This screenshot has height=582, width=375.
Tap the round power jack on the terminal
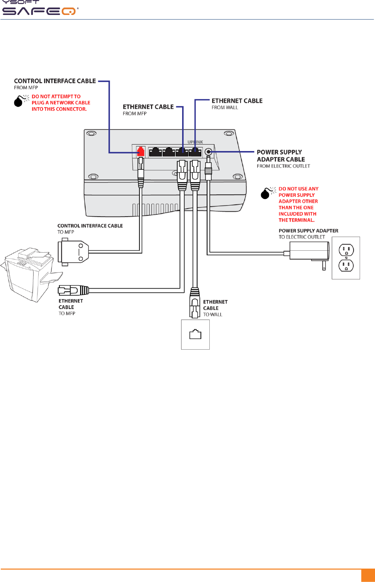pyautogui.click(x=209, y=151)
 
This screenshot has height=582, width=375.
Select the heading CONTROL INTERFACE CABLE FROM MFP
pyautogui.click(x=55, y=84)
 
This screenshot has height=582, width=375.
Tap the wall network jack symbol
pyautogui.click(x=195, y=334)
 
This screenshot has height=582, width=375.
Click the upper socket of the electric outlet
pyautogui.click(x=346, y=250)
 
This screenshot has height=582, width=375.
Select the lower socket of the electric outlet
pyautogui.click(x=346, y=265)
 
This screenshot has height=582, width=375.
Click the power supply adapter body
pyautogui.click(x=309, y=251)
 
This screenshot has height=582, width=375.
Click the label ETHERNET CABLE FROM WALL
pyautogui.click(x=237, y=104)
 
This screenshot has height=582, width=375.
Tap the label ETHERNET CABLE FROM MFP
pyautogui.click(x=148, y=109)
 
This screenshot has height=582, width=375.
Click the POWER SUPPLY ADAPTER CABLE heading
pyautogui.click(x=281, y=156)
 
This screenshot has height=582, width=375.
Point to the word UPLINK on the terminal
pyautogui.click(x=195, y=142)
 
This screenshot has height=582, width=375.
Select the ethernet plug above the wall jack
pyautogui.click(x=195, y=303)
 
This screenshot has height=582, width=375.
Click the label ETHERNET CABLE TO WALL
pyautogui.click(x=215, y=308)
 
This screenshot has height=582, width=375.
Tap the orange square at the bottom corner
pyautogui.click(x=368, y=575)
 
